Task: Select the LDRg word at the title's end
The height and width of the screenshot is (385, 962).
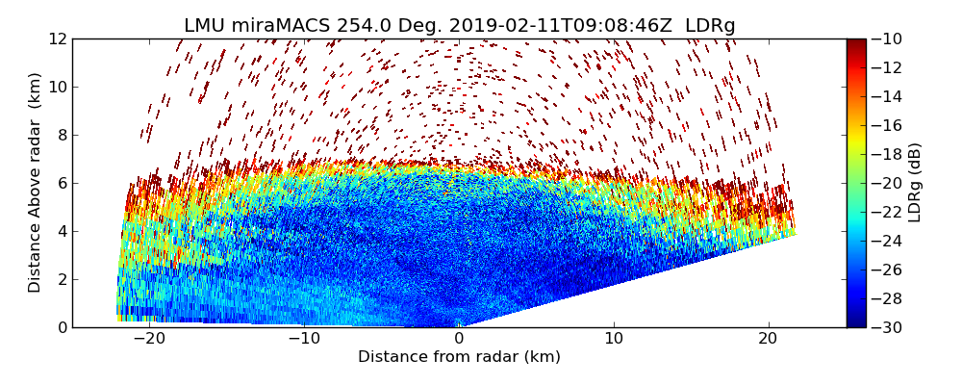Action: point(710,26)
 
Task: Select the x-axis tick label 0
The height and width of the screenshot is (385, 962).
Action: point(459,339)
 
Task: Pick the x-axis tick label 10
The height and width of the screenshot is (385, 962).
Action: point(614,339)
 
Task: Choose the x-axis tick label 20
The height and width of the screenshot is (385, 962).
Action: point(769,339)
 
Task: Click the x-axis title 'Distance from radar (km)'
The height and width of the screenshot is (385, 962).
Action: point(459,357)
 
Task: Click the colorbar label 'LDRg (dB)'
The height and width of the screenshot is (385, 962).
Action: point(915,183)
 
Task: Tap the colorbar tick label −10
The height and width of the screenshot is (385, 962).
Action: point(887,38)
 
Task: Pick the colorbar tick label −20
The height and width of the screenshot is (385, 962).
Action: point(887,183)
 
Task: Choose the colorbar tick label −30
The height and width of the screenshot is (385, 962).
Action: point(887,327)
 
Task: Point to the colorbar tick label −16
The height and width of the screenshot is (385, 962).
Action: point(887,125)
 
